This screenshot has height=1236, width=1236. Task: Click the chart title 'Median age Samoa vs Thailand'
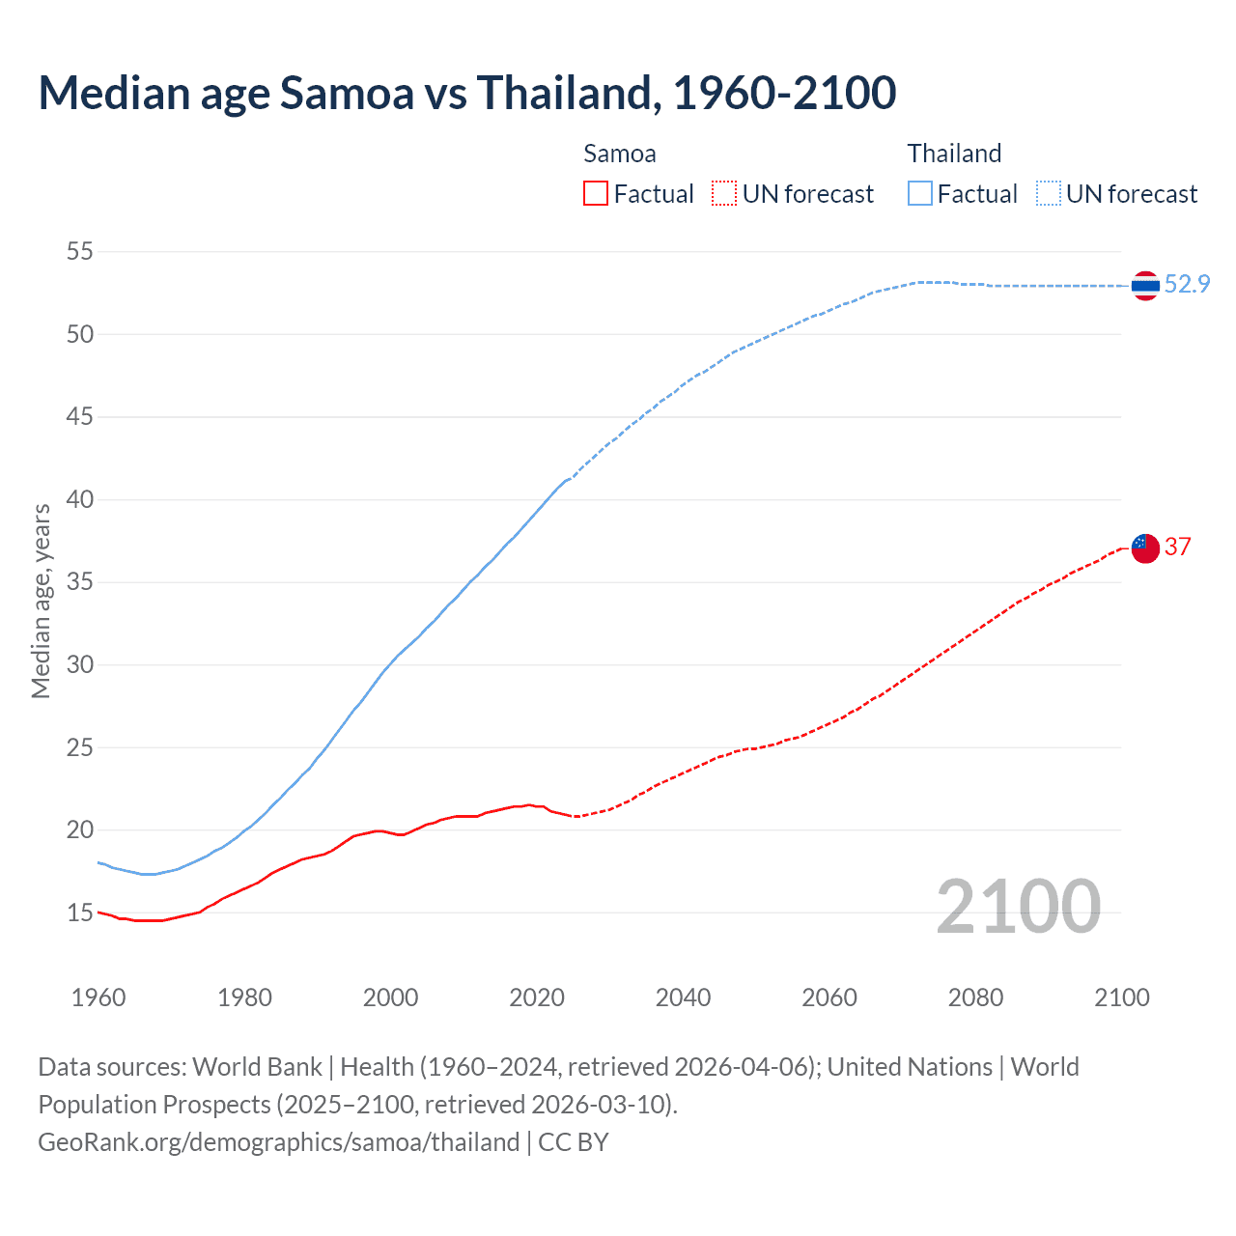point(466,93)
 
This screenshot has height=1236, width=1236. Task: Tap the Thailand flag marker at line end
point(1145,286)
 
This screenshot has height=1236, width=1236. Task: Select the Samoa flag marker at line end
point(1145,548)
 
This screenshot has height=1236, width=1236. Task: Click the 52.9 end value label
point(1187,284)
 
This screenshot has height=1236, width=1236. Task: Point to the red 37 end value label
point(1177,547)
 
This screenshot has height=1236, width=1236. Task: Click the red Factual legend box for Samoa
point(596,194)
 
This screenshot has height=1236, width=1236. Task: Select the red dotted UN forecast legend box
point(724,194)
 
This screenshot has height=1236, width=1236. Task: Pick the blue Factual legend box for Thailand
point(920,194)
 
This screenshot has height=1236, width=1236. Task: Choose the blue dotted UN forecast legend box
point(1049,194)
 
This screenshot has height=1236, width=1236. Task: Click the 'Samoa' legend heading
point(619,154)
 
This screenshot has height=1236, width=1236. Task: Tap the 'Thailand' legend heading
point(954,154)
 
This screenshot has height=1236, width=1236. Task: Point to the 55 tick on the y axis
point(79,252)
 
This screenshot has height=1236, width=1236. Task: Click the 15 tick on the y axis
point(79,913)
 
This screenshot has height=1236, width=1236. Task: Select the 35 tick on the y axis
point(79,582)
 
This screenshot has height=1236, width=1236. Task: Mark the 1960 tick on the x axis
point(98,997)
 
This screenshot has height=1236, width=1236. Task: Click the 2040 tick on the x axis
point(683,997)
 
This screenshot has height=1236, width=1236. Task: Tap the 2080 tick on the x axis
point(975,997)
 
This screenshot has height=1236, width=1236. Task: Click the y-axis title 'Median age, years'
point(41,601)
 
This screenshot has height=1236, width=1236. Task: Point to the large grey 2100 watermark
point(1018,907)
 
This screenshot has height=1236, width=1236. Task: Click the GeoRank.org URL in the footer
point(279,1142)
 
